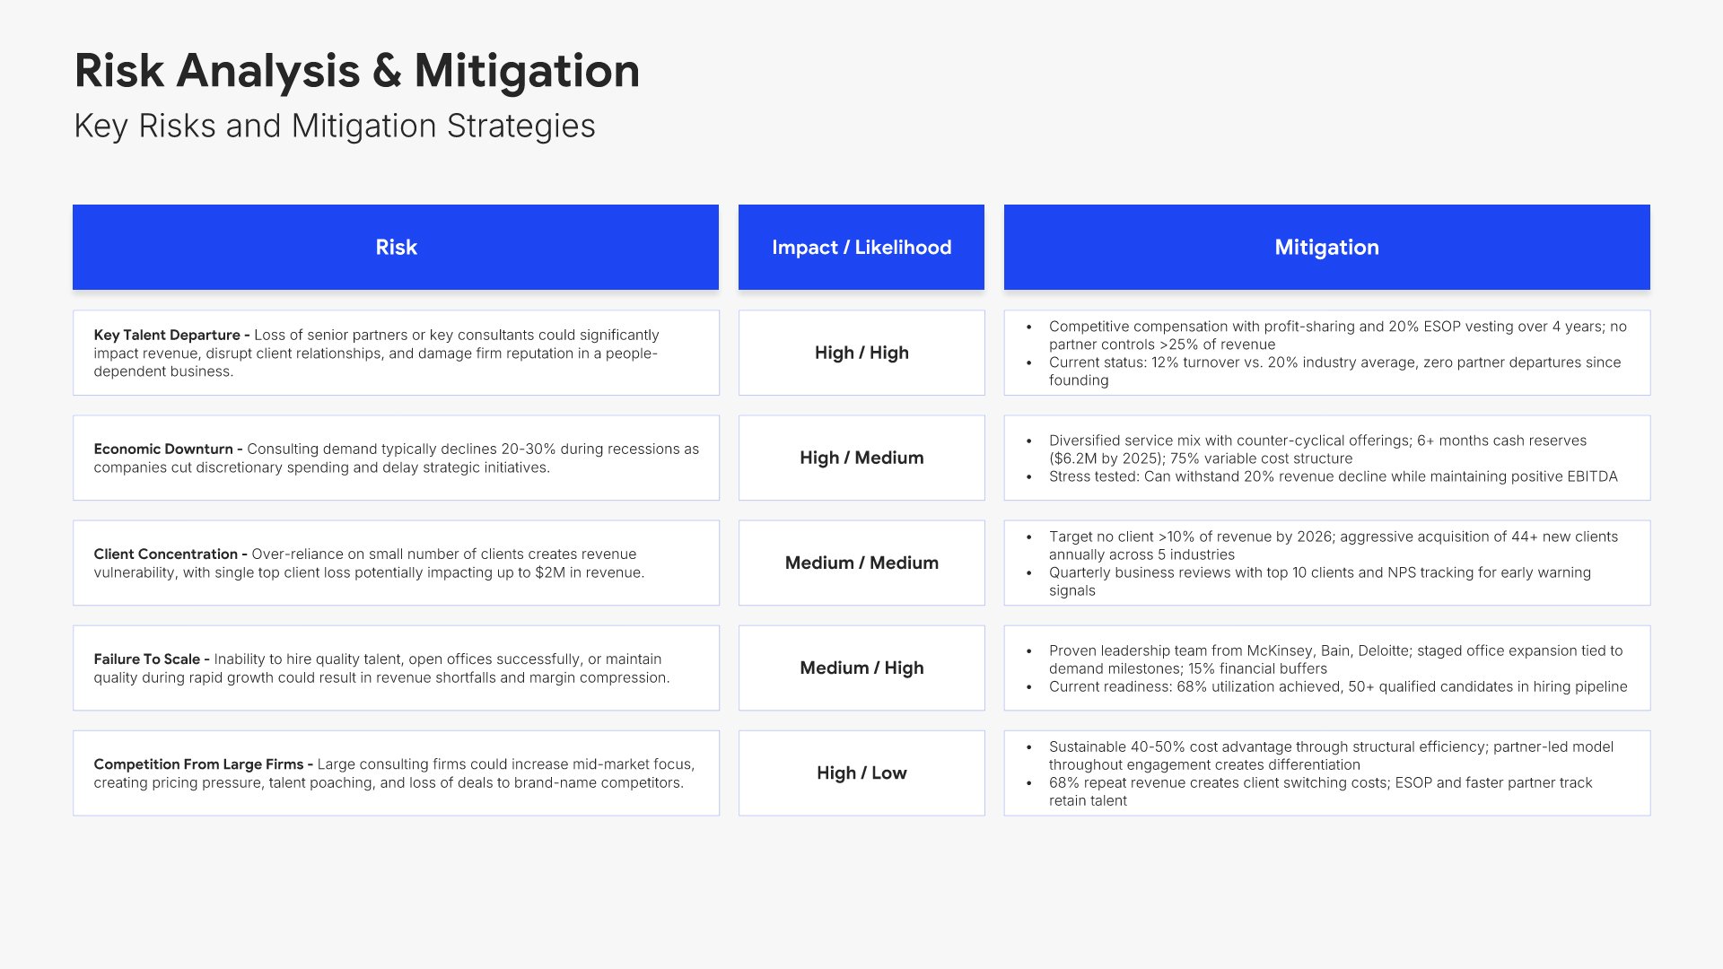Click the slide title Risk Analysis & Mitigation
357,71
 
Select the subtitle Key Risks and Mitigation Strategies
335,127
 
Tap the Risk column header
396,247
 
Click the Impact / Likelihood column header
861,247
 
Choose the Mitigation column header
1327,247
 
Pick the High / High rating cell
861,353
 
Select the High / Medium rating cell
861,458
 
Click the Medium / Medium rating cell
861,563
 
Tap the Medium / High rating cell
861,668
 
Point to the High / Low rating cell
861,773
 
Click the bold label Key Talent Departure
167,335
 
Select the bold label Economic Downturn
163,449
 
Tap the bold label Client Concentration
166,554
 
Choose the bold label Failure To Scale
147,659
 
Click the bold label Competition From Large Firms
199,764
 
